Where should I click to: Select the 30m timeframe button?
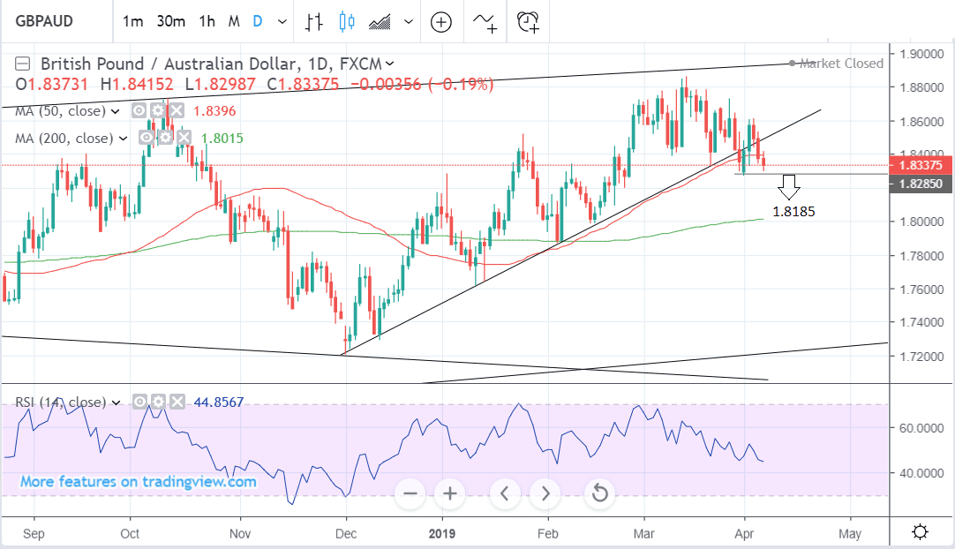click(x=171, y=21)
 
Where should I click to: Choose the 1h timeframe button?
click(x=207, y=21)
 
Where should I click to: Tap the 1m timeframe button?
click(x=132, y=21)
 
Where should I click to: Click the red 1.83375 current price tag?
click(x=919, y=165)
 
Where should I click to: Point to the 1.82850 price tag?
click(x=919, y=184)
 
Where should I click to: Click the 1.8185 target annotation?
click(x=793, y=212)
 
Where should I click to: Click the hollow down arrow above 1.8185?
click(x=788, y=186)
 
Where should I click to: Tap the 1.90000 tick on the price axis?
click(x=920, y=54)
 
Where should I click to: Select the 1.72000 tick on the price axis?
click(x=920, y=356)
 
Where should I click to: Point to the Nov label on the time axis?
click(x=240, y=533)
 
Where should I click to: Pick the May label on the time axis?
click(x=850, y=533)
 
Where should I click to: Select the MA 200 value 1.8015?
click(x=222, y=139)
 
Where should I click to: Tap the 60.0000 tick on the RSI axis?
click(x=921, y=428)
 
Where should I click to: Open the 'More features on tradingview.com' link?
click(x=139, y=482)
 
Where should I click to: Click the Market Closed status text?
click(x=841, y=64)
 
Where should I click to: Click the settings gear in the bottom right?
click(x=920, y=531)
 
